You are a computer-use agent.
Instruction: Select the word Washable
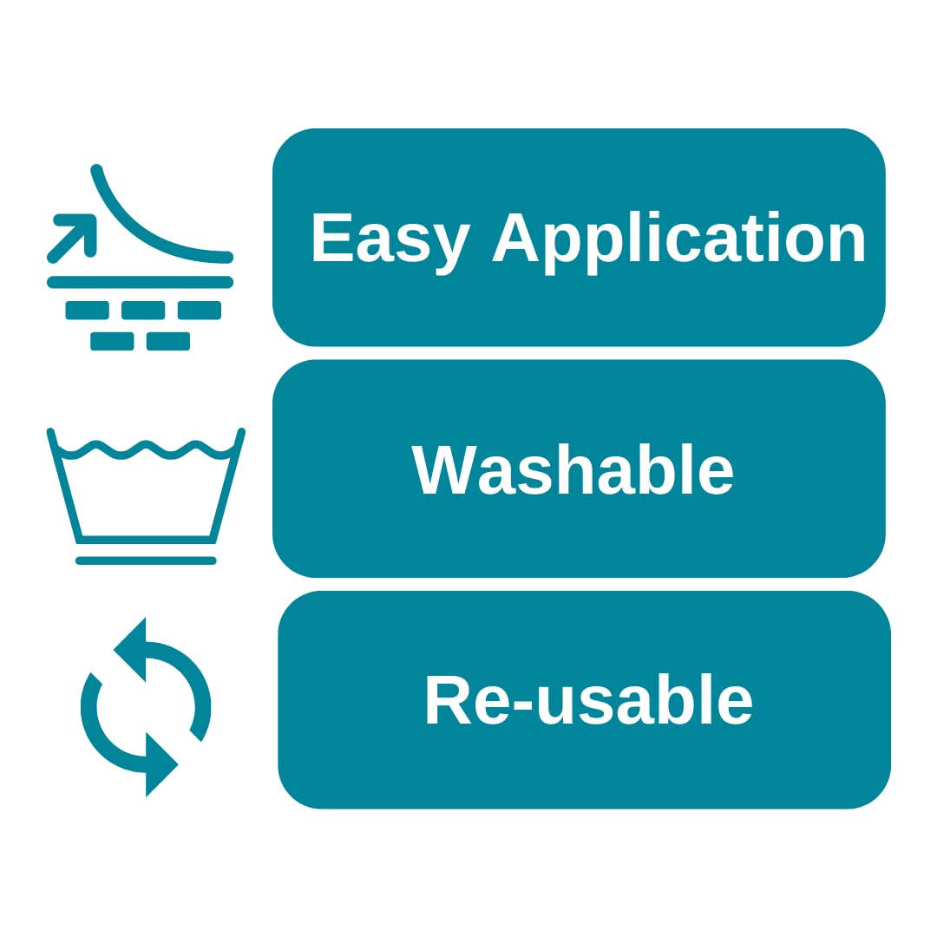[572, 469]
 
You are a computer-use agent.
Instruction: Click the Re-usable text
[588, 698]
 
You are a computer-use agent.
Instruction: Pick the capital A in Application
[515, 237]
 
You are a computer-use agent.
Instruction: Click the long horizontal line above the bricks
[141, 282]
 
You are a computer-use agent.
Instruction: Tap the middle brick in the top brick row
[143, 310]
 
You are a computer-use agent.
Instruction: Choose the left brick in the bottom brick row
[112, 341]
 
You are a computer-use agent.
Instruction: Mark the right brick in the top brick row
[200, 310]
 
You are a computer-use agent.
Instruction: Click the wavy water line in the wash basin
[145, 449]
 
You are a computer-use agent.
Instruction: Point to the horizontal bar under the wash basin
[146, 560]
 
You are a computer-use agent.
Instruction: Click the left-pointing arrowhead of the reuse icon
[130, 650]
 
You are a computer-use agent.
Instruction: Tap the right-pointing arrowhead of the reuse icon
[161, 764]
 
